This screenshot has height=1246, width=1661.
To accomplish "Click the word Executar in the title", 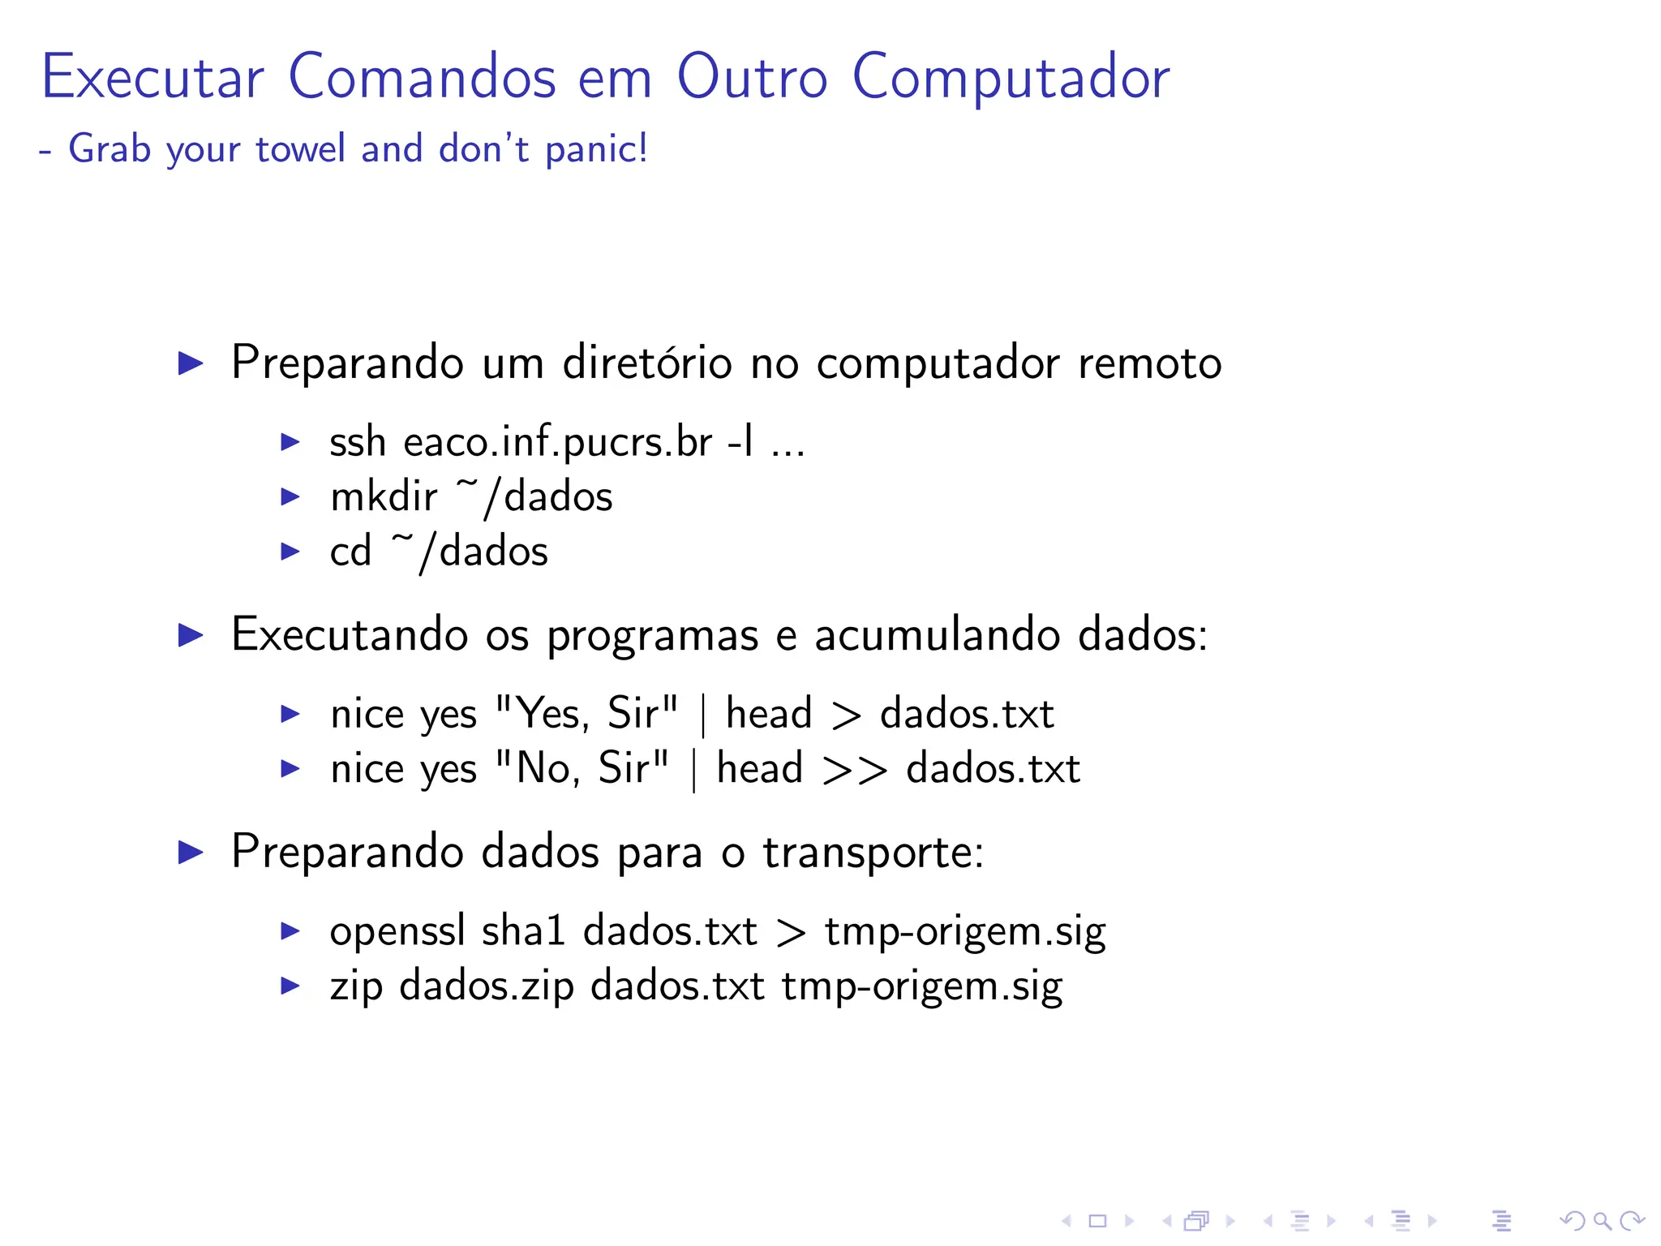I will coord(152,77).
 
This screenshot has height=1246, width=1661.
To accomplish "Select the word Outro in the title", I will coord(752,77).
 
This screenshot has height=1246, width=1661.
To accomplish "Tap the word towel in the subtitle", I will coord(300,149).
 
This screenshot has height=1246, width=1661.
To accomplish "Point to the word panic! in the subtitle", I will coord(596,149).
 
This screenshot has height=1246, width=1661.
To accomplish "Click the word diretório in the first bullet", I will coord(647,363).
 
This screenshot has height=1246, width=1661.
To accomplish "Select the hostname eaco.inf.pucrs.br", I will coord(559,443).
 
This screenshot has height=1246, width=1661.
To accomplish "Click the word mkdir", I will coord(384,496).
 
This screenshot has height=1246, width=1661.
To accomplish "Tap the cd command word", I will coord(350,552).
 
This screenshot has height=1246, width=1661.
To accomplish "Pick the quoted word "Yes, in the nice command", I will coord(542,714).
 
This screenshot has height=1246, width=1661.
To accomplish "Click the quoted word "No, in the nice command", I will coord(537,768).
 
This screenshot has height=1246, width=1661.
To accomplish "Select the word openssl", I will coord(397,931).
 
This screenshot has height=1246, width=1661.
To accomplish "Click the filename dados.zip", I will coord(487,986).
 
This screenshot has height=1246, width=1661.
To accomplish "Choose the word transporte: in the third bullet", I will coord(873,852).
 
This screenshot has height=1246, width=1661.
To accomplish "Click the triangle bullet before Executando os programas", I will coord(191,635).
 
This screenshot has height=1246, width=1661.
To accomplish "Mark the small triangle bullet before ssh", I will coord(290,442).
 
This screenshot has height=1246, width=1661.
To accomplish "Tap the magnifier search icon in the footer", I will coord(1602,1221).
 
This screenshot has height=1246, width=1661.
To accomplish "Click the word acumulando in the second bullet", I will coord(937,635).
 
